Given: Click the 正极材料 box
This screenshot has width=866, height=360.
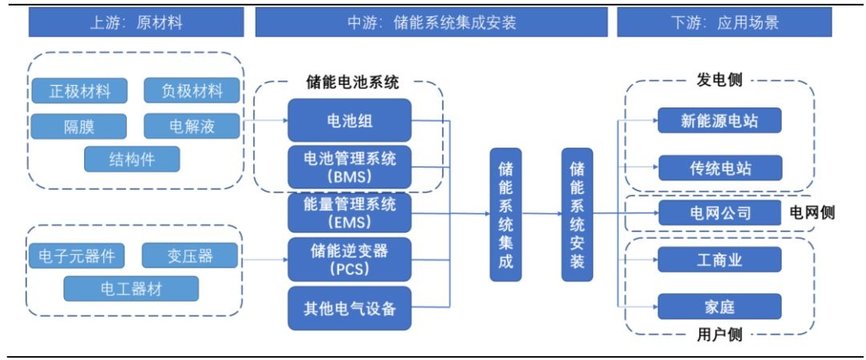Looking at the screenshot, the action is [79, 91].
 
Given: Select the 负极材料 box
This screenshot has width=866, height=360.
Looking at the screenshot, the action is [192, 91].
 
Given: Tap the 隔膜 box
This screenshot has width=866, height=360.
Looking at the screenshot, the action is [79, 127].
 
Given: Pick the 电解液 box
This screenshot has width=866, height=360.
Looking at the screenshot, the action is [192, 127].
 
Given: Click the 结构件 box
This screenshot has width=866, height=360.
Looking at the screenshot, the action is [132, 159].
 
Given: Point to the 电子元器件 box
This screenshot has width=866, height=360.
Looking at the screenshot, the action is [76, 256].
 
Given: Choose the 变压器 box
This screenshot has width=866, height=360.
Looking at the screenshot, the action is [189, 256].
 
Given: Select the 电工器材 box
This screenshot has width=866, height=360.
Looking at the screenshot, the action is [131, 288].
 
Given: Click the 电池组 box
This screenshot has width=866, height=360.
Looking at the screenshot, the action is [350, 120].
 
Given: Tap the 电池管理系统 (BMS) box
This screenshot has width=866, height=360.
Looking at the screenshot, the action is [350, 168].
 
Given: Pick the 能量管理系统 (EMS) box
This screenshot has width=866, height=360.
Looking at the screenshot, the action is [350, 212].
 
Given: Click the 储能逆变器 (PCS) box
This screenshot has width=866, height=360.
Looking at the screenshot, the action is [350, 260].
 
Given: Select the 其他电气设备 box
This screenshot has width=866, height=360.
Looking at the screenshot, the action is [350, 308].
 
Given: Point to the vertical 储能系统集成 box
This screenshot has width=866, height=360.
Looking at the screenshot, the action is [506, 214].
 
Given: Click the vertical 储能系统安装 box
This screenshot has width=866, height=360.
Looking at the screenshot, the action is [577, 214].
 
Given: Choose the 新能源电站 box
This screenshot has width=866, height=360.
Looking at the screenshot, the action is [719, 120].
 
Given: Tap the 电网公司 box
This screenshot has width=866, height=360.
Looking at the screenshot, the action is [719, 212].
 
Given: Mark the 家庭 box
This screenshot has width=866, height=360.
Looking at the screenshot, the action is [719, 306].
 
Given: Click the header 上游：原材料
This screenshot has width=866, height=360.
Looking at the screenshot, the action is [136, 22].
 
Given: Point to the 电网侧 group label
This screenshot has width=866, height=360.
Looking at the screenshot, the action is [811, 212].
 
